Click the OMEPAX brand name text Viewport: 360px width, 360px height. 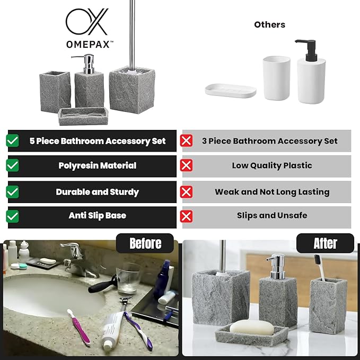tap(89, 45)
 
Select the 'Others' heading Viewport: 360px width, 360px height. tap(269, 24)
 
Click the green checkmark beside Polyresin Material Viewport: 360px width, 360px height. tap(12, 165)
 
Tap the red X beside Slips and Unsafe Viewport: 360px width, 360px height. tap(186, 216)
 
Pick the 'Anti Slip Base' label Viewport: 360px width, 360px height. tap(97, 216)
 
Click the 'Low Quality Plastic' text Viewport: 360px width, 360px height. tap(271, 165)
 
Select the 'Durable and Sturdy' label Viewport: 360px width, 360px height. tap(97, 192)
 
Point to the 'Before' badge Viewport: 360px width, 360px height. tap(145, 243)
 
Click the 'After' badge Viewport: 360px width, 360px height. tap(325, 243)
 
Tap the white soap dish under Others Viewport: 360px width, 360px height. tap(231, 90)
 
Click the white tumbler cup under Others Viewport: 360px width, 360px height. tap(276, 78)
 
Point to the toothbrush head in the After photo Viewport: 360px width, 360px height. tap(319, 261)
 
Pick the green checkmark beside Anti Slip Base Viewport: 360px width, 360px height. tap(12, 216)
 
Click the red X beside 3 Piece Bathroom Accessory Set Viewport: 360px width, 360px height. tap(186, 141)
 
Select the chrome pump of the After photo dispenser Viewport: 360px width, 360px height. tap(276, 264)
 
